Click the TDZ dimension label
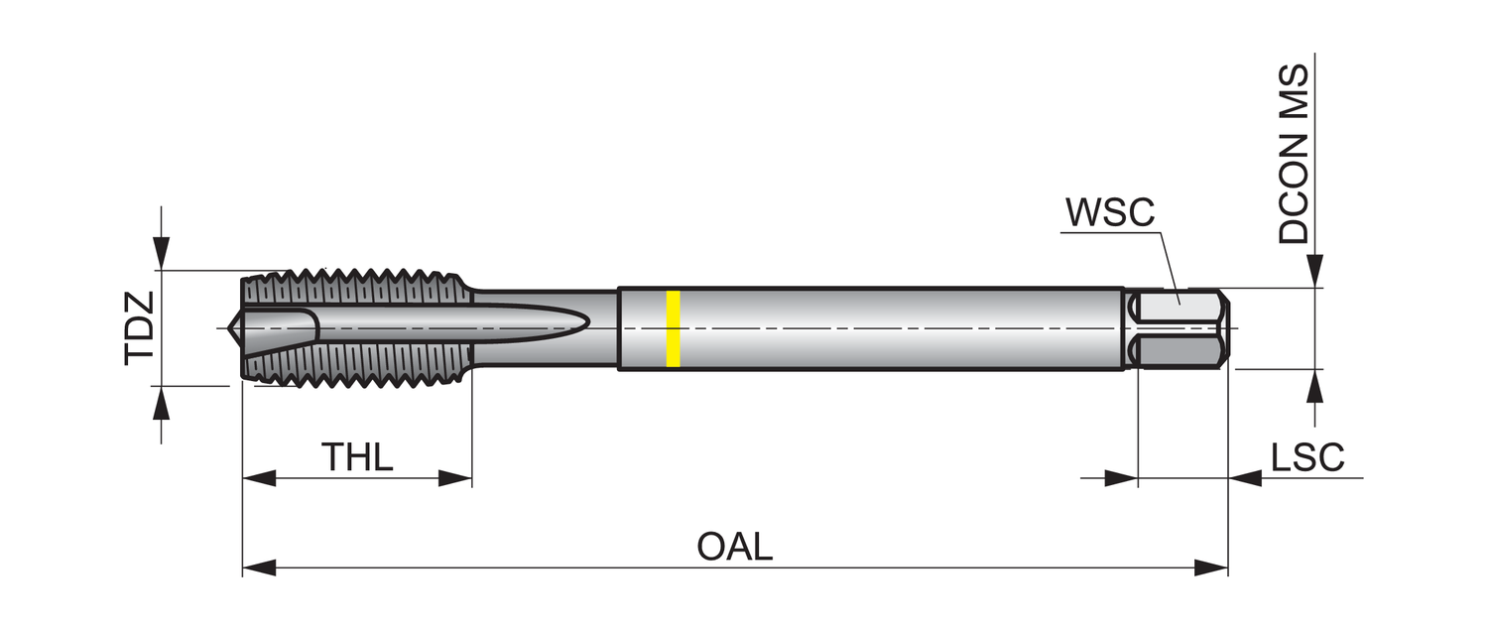coord(139,328)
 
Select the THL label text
coord(357,457)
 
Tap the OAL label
coord(734,547)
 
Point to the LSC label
coord(1307,457)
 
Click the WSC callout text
coord(1110,212)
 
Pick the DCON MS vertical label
coord(1294,155)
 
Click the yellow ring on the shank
coord(673,328)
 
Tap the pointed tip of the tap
coord(234,327)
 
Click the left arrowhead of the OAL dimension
coord(258,568)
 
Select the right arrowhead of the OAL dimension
coord(1212,568)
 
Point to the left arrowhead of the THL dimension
coord(258,479)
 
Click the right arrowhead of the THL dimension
coord(455,479)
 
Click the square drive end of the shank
coord(1180,329)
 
